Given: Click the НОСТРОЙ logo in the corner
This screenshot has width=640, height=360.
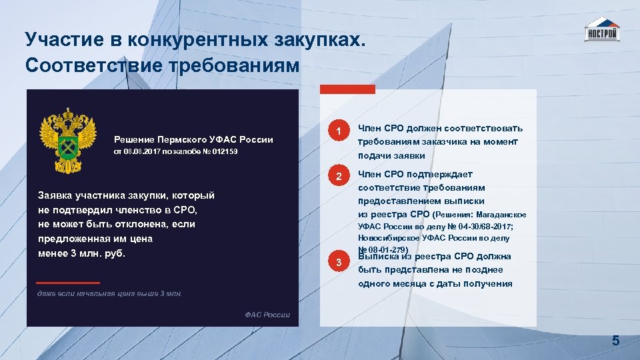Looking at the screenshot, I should [x=601, y=30].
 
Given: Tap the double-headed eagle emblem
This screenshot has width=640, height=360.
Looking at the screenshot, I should [x=67, y=138].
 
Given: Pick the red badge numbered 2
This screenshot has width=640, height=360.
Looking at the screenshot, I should [x=339, y=177].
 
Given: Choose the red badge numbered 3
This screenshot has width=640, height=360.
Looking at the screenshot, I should [x=339, y=262].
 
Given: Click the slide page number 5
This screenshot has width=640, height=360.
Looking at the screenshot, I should [x=616, y=341].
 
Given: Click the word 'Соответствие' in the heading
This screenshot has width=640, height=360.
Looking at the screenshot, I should [x=81, y=66].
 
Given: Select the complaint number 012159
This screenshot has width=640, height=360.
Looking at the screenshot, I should [x=224, y=153].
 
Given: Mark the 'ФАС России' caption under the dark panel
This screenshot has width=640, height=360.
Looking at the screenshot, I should [x=267, y=315].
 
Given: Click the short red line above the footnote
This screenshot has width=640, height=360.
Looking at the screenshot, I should [x=69, y=283].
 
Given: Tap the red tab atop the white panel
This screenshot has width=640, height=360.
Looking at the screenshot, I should [x=347, y=89].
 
